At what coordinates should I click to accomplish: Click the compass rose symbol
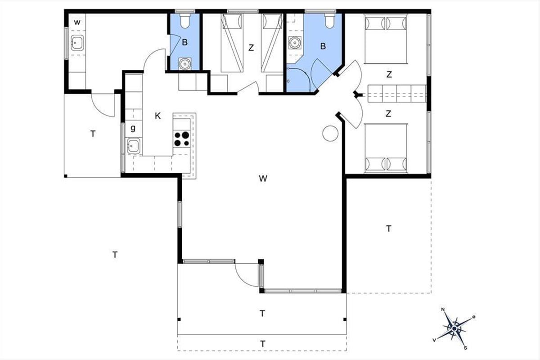click(x=454, y=328)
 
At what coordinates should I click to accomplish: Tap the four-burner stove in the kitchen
click(x=181, y=139)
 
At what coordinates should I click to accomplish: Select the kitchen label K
click(x=157, y=116)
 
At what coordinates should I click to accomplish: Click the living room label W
click(x=263, y=179)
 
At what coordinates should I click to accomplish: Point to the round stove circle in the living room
click(x=330, y=133)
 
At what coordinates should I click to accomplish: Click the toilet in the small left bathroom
click(x=185, y=21)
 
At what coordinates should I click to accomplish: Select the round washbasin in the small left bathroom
click(x=185, y=63)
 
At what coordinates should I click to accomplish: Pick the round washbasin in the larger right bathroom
click(x=294, y=43)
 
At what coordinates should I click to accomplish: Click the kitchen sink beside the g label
click(x=133, y=146)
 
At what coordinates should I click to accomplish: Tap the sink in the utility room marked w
click(x=77, y=43)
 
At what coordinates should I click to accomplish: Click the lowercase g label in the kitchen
click(x=133, y=128)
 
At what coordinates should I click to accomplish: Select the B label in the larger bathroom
click(x=323, y=46)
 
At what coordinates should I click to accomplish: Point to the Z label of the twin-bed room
click(x=251, y=48)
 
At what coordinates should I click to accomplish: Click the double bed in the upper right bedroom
click(x=386, y=39)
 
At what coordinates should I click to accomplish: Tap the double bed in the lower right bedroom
click(x=386, y=148)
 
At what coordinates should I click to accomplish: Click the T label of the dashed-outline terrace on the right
click(x=389, y=228)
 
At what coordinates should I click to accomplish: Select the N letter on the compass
click(x=443, y=309)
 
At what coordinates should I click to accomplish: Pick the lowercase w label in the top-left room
click(x=77, y=22)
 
